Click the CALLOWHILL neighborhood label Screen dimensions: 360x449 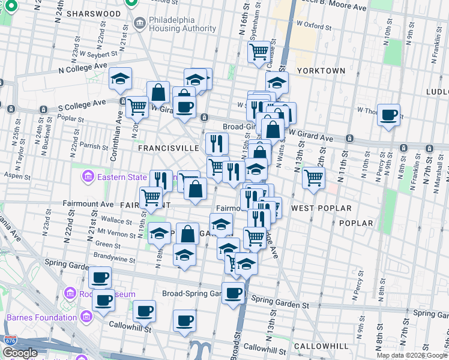tap(322, 347)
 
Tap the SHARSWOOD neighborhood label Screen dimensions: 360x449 tap(94, 13)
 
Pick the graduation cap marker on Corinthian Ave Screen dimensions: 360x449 tap(121, 78)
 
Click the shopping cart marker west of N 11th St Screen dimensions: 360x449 tap(313, 177)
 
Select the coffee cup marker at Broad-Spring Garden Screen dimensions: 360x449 tap(234, 293)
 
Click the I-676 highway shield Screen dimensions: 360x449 tap(11, 340)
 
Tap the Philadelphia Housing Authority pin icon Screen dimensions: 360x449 tap(140, 24)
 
